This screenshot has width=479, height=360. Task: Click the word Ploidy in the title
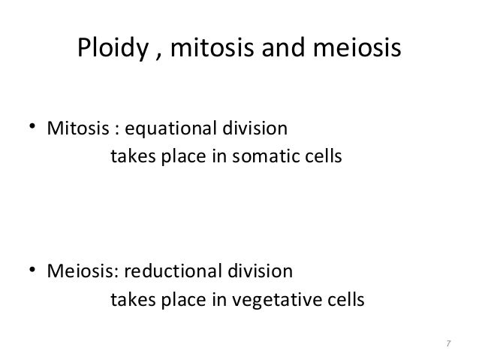[x=110, y=50]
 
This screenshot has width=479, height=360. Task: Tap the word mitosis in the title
[x=203, y=50]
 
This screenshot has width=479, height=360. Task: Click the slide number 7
[x=448, y=343]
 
